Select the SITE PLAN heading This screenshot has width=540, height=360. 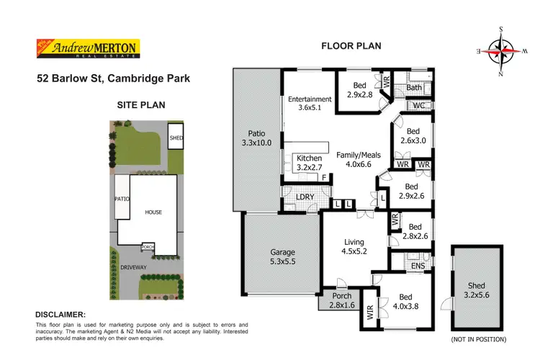click(x=141, y=104)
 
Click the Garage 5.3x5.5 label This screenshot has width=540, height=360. click(x=282, y=258)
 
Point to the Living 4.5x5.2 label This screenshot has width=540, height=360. click(x=354, y=247)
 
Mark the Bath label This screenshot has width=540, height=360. click(x=413, y=88)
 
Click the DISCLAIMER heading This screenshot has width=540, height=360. click(x=60, y=315)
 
